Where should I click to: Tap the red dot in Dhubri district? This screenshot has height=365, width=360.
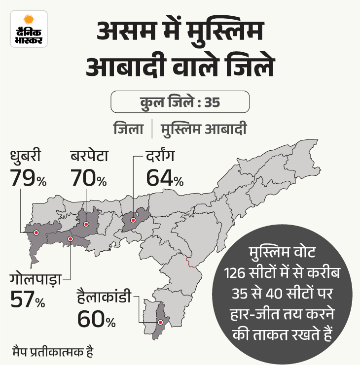tap(36, 232)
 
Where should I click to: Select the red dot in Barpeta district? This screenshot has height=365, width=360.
tap(86, 225)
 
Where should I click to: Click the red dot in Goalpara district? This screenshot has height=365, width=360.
tap(70, 239)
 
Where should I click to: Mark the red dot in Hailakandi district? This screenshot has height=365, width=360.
tap(159, 323)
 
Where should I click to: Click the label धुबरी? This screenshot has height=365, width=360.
tap(26, 158)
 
